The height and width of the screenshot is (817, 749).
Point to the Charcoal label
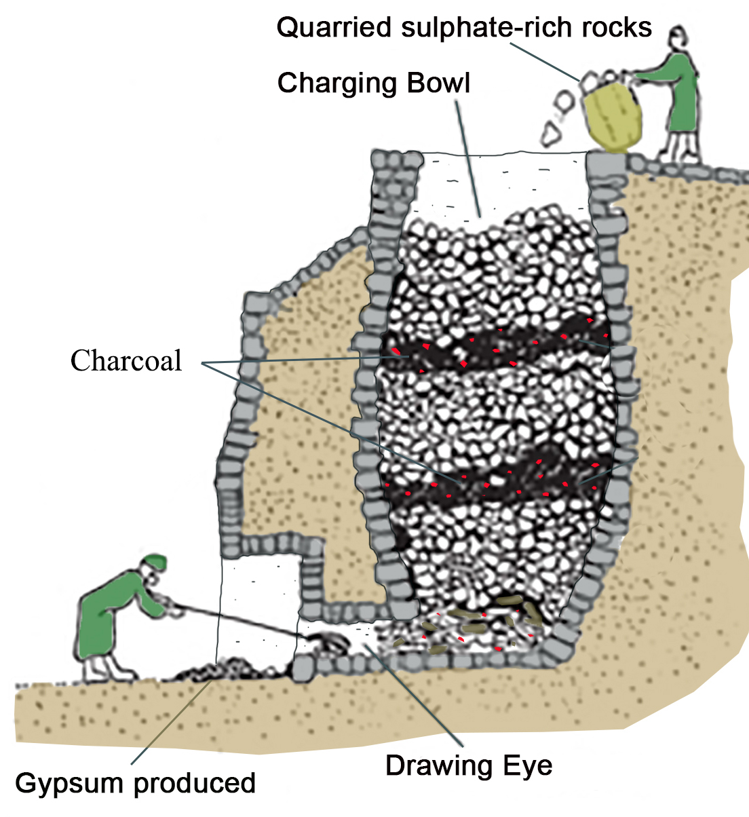126,360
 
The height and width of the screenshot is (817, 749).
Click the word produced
194,783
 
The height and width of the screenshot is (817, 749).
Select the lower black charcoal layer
495,478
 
